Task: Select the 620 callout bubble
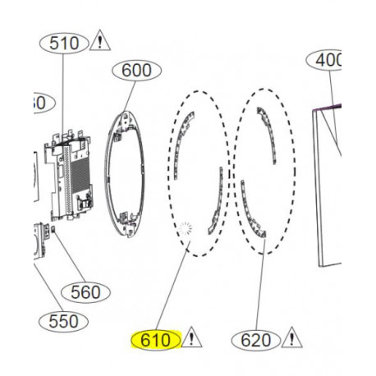(254, 338)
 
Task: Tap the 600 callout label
(136, 71)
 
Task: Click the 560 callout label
(85, 291)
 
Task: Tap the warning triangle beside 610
(191, 337)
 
